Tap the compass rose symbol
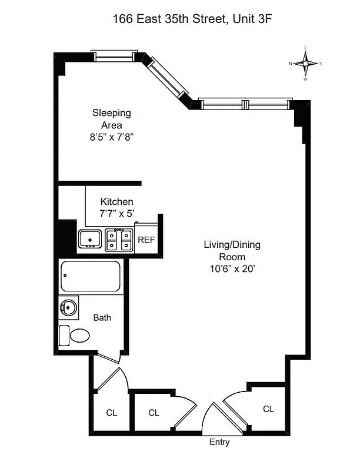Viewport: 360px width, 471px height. click(x=305, y=62)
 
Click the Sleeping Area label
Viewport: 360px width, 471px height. click(x=111, y=119)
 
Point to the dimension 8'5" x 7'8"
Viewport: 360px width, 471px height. click(x=111, y=137)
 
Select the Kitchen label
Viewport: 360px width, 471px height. click(x=116, y=201)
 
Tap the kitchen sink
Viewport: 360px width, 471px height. click(x=90, y=239)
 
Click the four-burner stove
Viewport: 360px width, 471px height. click(x=119, y=240)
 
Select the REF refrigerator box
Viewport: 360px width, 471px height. click(x=146, y=240)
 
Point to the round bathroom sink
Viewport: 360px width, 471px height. click(x=69, y=307)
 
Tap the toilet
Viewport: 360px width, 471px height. click(x=74, y=336)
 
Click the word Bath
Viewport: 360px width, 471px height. click(x=102, y=317)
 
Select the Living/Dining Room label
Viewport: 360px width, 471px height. click(x=232, y=250)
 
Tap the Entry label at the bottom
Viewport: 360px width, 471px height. click(x=219, y=442)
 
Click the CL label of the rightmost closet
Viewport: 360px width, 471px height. click(x=268, y=409)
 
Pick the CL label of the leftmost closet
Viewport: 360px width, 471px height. click(x=111, y=413)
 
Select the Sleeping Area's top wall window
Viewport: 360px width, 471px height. click(x=115, y=57)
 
